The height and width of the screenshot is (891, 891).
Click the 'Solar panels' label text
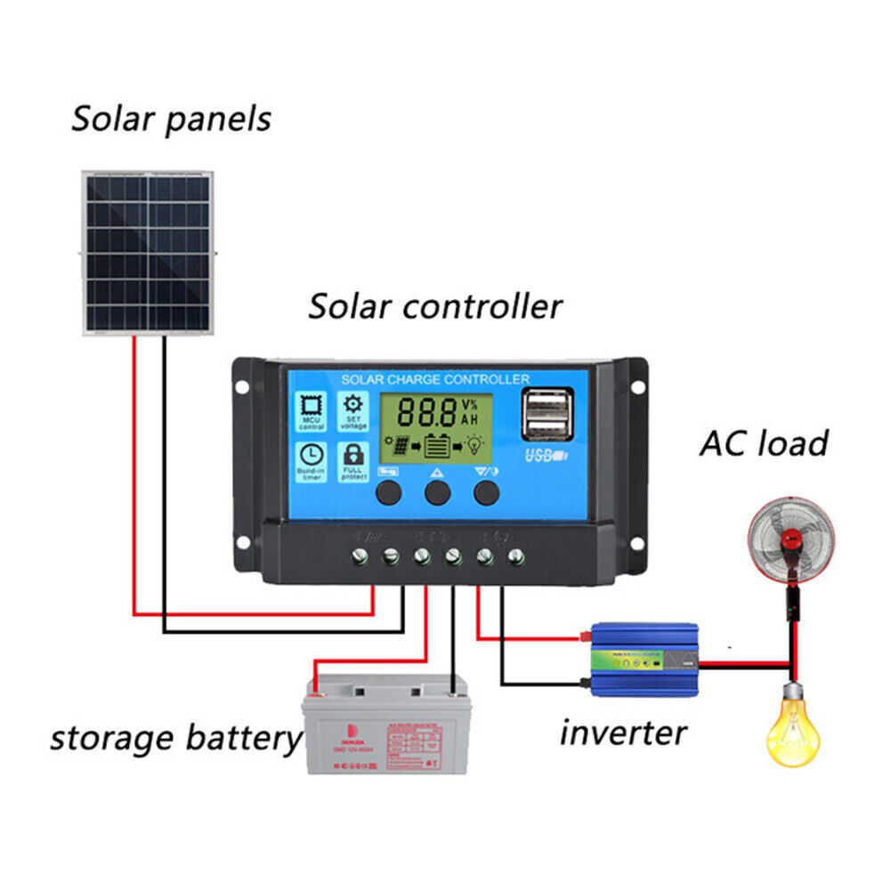171,118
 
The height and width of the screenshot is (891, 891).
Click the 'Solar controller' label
435,306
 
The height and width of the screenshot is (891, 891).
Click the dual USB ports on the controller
547,416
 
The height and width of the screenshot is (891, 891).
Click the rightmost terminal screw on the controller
515,557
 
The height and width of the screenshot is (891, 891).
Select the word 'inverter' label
623,733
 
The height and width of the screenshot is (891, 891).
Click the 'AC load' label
764,442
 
